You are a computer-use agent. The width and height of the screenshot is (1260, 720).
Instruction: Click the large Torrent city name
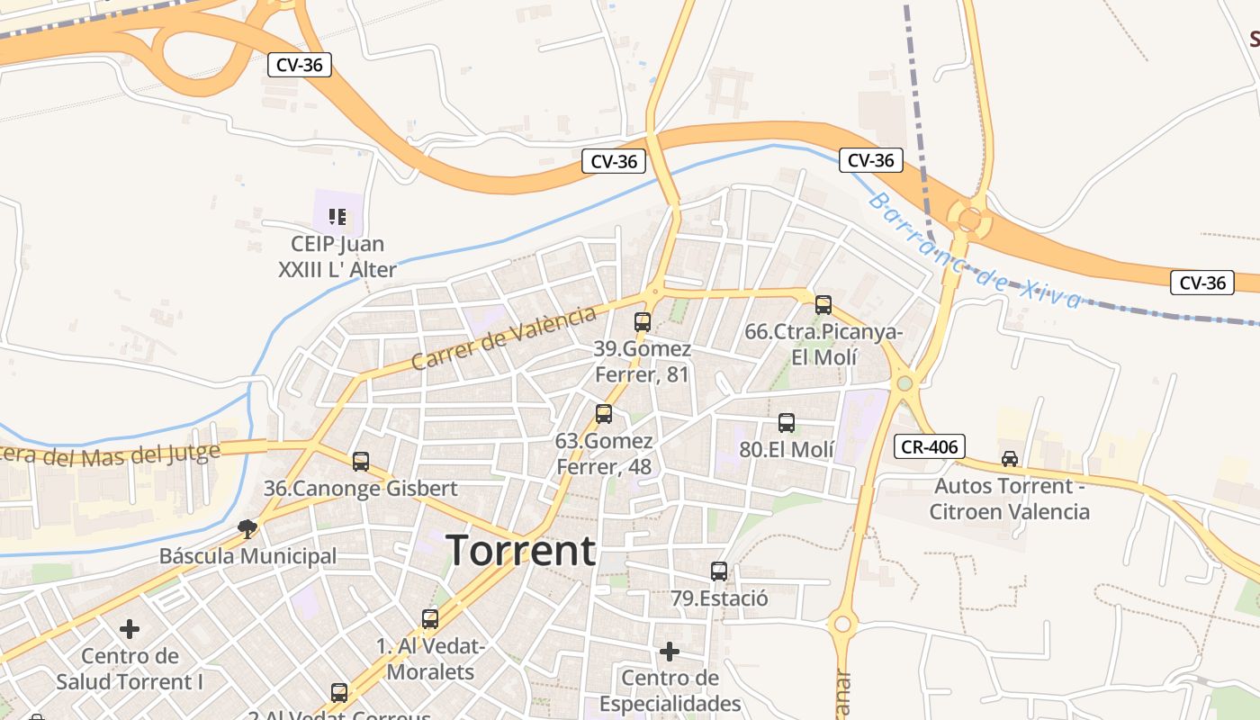tap(521, 550)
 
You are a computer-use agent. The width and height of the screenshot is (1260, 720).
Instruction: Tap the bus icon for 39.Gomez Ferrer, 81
tap(643, 321)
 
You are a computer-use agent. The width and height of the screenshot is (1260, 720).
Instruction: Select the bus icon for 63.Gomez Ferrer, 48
tap(604, 414)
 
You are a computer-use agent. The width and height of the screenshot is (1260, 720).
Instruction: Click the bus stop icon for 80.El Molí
tap(787, 422)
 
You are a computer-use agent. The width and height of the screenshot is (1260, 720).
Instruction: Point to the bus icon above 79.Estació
tap(718, 571)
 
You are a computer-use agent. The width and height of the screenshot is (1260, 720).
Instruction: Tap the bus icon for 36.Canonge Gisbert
tap(361, 462)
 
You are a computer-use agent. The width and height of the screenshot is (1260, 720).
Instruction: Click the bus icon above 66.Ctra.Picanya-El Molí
tap(823, 304)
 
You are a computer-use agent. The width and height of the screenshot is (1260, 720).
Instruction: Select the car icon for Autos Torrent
tap(1010, 459)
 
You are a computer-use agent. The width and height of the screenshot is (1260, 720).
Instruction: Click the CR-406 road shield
tap(931, 445)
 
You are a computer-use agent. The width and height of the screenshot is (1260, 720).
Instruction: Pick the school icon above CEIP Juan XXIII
tap(337, 216)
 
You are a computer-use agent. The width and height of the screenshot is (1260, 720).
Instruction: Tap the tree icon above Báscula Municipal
tap(247, 528)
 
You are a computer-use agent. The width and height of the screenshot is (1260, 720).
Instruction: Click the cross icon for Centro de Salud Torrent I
tap(130, 629)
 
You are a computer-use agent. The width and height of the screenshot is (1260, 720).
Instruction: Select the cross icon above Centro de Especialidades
tap(670, 651)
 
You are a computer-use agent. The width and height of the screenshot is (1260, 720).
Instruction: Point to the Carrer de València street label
tap(503, 337)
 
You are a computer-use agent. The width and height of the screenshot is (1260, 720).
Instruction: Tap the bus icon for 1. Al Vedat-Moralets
tap(430, 619)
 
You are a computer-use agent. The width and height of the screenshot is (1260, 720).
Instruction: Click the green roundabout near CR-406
tap(904, 383)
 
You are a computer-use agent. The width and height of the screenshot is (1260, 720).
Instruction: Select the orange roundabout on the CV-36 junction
tap(969, 219)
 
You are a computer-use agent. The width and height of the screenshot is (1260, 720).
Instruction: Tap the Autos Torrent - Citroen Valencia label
tap(1010, 499)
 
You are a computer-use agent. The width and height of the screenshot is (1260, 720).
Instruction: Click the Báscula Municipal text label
tap(247, 556)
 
